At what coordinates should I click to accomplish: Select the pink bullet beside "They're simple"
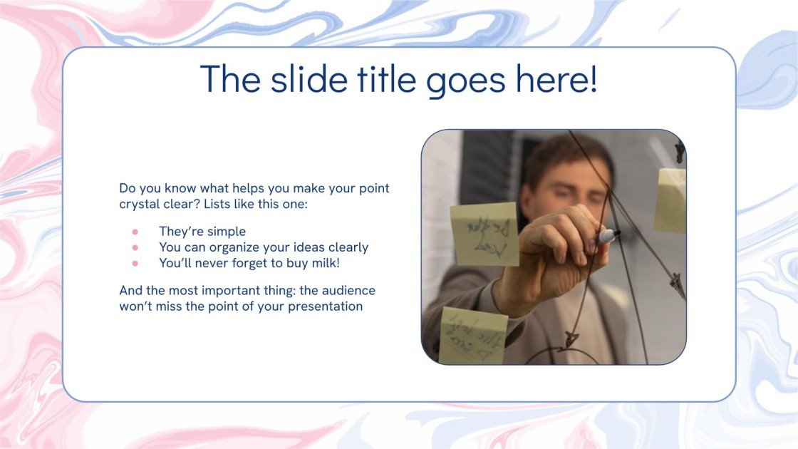pyautogui.click(x=135, y=232)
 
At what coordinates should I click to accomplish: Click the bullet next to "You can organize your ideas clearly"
pyautogui.click(x=135, y=247)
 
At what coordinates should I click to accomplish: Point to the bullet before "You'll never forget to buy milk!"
pyautogui.click(x=135, y=263)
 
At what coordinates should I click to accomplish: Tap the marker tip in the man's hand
pyautogui.click(x=610, y=234)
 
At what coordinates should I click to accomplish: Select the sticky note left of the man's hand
pyautogui.click(x=484, y=234)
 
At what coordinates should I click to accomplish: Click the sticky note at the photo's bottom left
pyautogui.click(x=472, y=335)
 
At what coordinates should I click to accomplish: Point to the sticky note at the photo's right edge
pyautogui.click(x=671, y=200)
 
